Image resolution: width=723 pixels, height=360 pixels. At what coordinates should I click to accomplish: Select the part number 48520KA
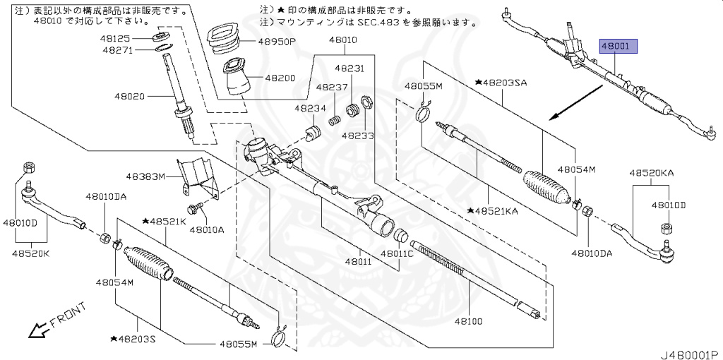pos(651,173)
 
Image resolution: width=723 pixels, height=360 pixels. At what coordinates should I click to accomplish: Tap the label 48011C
pos(398,253)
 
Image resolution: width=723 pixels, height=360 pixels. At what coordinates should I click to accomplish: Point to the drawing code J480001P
pos(689,352)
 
